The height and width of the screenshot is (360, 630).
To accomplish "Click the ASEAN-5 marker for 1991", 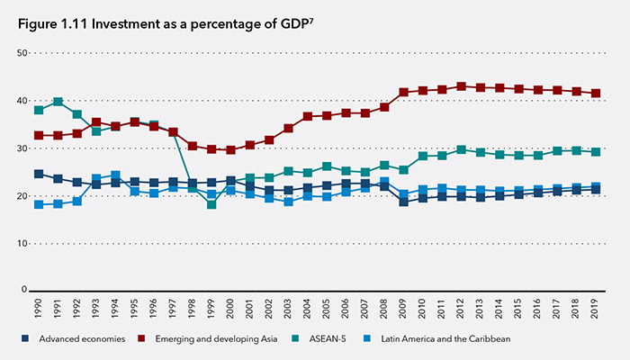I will point(58,102).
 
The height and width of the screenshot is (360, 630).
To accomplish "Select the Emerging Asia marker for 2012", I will point(462,86).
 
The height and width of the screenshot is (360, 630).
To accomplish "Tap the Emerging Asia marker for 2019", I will point(596,93).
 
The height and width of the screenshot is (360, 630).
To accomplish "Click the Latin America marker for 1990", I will point(39,204).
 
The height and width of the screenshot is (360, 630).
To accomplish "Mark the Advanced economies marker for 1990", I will point(39,174).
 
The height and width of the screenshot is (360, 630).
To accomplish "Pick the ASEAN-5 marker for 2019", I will point(596,152).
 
